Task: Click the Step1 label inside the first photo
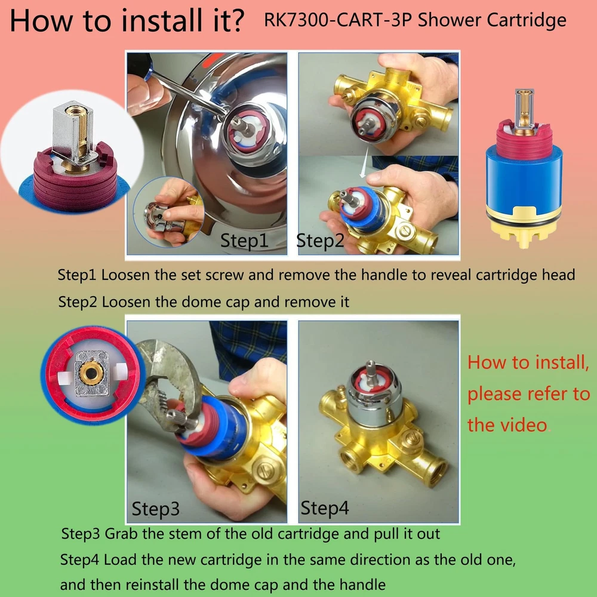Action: (x=244, y=240)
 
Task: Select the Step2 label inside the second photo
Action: (x=320, y=240)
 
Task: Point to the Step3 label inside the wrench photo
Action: (x=155, y=508)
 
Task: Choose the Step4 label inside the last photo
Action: (x=324, y=507)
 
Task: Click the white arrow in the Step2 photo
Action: (x=364, y=162)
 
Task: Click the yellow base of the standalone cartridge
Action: (x=524, y=227)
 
